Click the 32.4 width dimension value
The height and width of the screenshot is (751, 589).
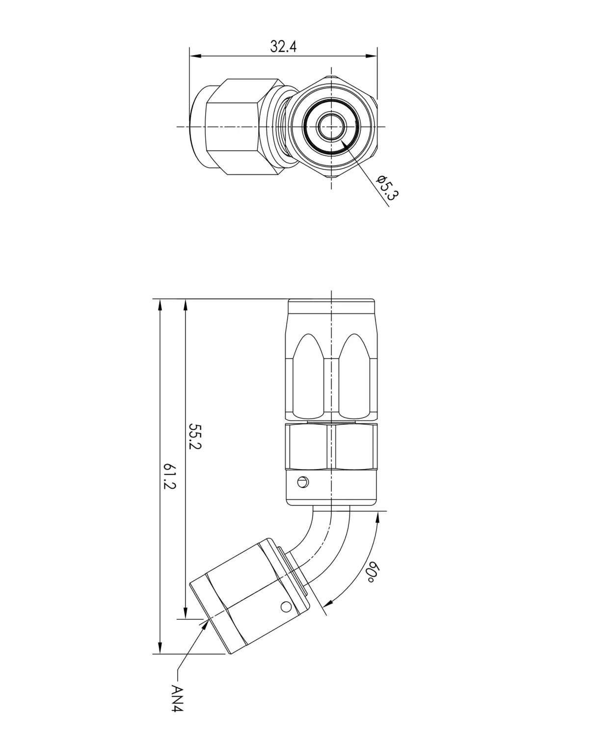pyautogui.click(x=283, y=46)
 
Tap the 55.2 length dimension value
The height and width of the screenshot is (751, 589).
pyautogui.click(x=195, y=436)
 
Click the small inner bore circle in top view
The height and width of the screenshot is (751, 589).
pyautogui.click(x=331, y=127)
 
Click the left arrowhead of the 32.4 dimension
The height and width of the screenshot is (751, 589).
pyautogui.click(x=195, y=56)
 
